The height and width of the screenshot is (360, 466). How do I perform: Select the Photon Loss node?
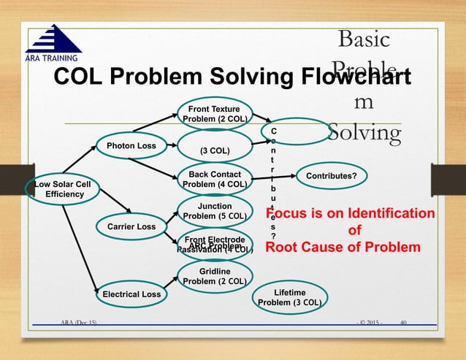131,146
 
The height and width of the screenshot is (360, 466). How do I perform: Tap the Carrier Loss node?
131,227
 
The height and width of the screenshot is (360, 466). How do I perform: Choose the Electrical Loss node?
131,294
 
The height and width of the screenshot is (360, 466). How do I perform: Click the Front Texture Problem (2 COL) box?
215,115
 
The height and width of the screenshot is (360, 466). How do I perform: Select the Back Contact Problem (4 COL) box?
215,180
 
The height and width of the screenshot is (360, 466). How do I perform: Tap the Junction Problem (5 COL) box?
215,211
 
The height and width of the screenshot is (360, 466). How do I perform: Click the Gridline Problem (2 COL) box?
215,276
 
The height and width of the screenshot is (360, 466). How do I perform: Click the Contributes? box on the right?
332,176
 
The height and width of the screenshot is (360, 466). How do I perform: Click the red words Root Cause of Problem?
343,248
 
